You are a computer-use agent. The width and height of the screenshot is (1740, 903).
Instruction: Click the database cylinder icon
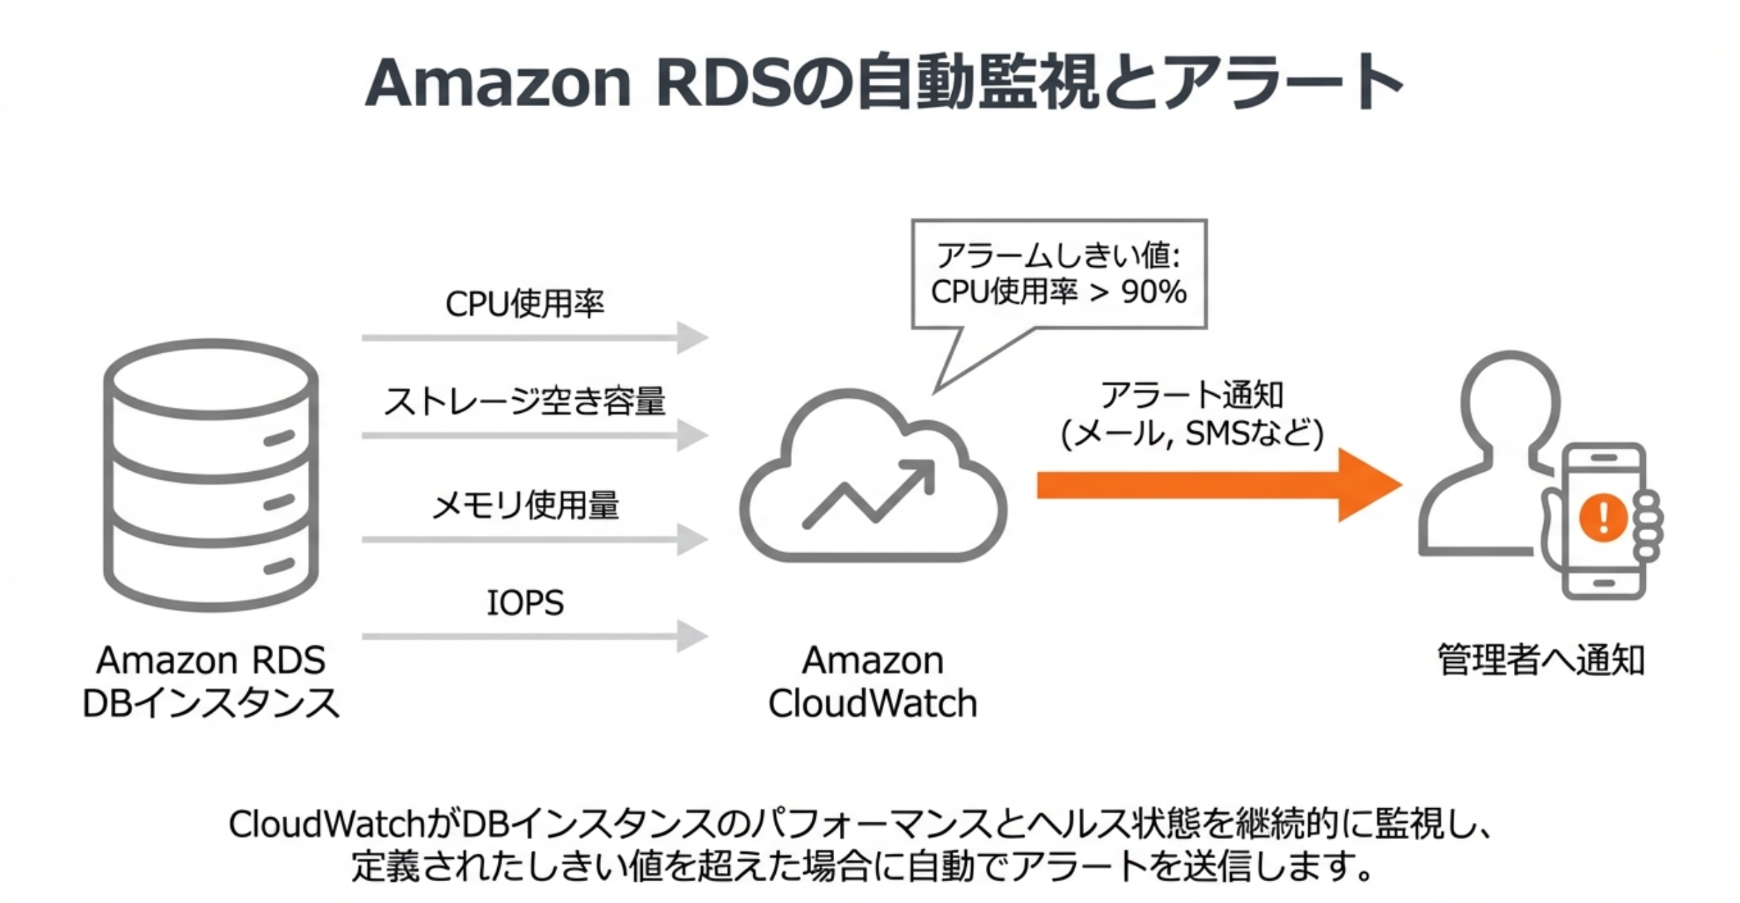[x=211, y=475]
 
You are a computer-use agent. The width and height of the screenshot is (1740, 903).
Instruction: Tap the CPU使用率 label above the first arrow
[x=525, y=304]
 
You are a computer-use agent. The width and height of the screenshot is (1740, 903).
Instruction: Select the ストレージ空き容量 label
[x=525, y=402]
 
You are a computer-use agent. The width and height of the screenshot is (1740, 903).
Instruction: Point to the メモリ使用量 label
[x=525, y=505]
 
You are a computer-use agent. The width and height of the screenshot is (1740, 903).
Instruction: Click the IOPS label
[x=525, y=602]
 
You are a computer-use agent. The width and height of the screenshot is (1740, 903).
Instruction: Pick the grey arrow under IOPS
[x=534, y=636]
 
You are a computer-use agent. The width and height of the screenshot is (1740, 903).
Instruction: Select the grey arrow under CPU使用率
[x=534, y=338]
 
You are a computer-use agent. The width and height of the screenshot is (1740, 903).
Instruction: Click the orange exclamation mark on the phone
[x=1603, y=518]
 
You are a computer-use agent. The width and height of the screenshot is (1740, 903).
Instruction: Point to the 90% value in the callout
[x=1154, y=292]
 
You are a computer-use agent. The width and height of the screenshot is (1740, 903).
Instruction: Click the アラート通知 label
[x=1192, y=395]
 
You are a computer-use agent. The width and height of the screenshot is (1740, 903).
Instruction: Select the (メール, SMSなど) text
[x=1192, y=433]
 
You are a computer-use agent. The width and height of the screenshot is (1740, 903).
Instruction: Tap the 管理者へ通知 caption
[x=1541, y=660]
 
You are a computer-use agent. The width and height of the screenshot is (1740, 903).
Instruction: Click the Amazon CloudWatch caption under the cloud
[x=873, y=682]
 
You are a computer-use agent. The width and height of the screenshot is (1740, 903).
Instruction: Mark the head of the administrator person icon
[x=1510, y=400]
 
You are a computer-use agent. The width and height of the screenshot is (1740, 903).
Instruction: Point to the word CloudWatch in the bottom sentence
[x=327, y=824]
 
